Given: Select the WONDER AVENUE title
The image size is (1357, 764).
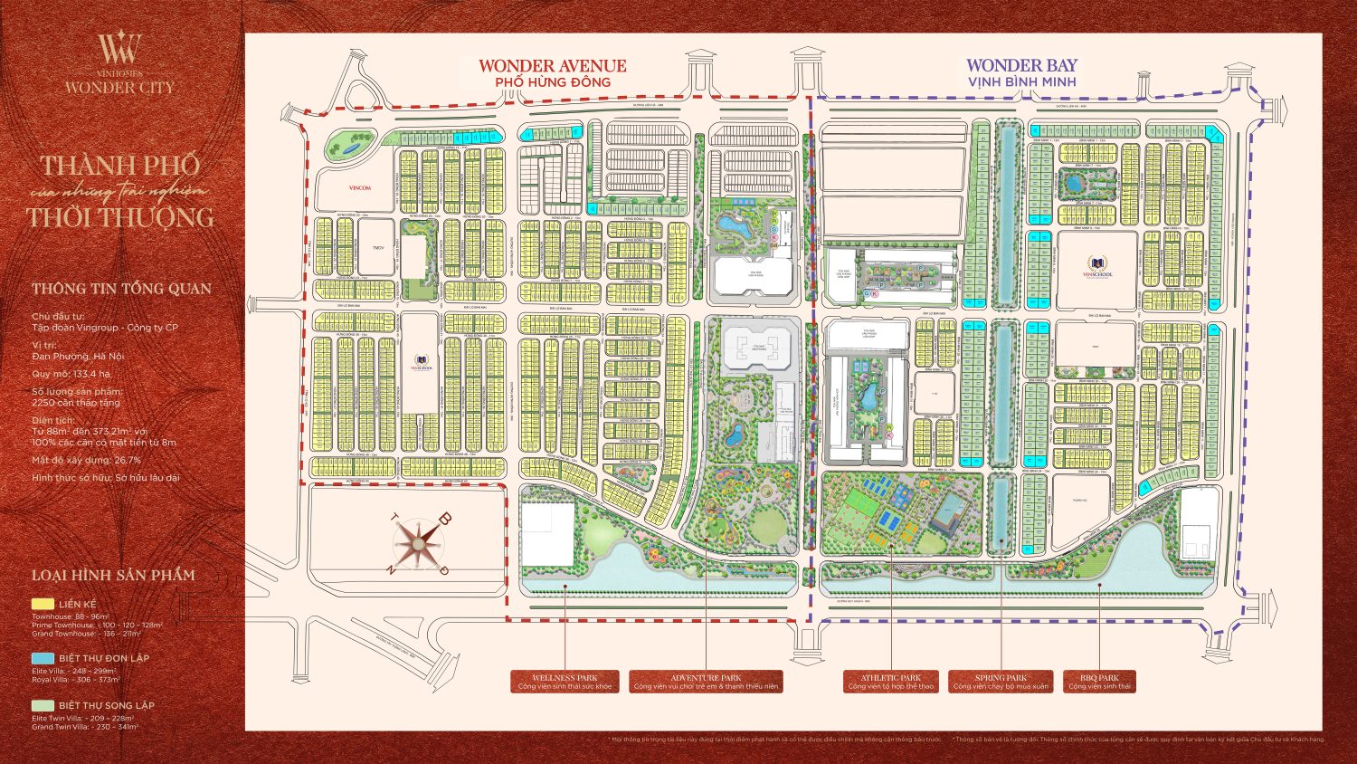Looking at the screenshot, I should tap(552, 65).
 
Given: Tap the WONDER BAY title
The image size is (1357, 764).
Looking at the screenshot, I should tap(1021, 65).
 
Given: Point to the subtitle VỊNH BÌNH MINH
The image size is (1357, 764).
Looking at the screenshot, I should tap(1021, 82).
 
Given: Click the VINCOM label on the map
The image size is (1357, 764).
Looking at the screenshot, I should tap(360, 188).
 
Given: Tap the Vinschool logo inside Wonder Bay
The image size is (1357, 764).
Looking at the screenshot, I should tap(1097, 268).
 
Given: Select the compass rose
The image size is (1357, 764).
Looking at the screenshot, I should tap(419, 543).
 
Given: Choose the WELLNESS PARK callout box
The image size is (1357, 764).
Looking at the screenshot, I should tap(565, 682).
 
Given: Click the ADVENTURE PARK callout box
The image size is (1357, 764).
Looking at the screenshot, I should tap(706, 682).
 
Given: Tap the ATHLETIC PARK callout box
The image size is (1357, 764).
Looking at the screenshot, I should tap(891, 682).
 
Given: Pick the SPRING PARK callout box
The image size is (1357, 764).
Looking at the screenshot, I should tap(1001, 682).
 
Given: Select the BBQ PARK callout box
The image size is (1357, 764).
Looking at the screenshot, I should tap(1099, 682).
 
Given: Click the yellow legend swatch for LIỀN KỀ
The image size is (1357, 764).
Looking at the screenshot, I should tap(43, 604).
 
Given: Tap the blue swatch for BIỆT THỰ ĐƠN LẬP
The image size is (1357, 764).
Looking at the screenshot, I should tap(43, 658).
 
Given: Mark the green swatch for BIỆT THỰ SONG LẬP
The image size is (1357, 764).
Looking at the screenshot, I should tap(43, 705).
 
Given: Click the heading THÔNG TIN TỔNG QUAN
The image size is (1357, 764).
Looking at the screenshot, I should tap(121, 289).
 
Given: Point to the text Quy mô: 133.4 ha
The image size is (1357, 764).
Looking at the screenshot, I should tap(71, 374).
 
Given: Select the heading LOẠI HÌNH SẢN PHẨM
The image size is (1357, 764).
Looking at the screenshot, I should tap(113, 575).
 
